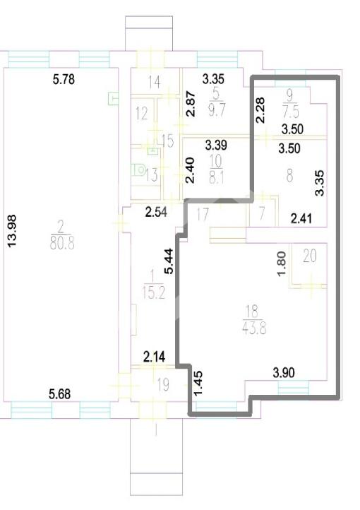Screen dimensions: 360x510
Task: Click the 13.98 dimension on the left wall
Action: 12,231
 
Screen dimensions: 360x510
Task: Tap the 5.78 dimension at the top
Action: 64,79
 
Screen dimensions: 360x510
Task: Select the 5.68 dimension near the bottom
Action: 59,394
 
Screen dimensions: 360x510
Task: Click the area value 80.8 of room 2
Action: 62,243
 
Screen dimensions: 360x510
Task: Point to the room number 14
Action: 155,82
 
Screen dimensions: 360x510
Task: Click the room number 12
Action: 142,114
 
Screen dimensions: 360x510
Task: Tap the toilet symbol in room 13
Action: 139,170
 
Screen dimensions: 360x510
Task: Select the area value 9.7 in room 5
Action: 217,110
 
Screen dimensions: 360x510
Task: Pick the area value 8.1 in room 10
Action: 217,177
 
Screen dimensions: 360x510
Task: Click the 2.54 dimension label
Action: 156,212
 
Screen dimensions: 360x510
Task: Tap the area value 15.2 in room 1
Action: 154,293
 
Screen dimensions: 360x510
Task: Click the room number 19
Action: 163,385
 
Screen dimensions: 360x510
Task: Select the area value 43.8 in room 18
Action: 254,328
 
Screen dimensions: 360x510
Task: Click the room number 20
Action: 309,256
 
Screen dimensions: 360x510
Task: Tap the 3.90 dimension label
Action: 284,373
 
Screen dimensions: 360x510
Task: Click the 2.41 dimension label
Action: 301,218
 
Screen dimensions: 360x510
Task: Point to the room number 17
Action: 203,215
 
